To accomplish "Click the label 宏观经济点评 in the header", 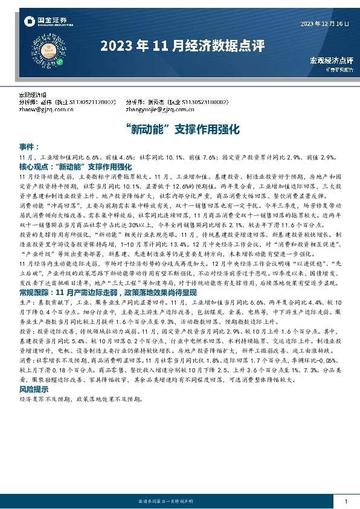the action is click(331, 60).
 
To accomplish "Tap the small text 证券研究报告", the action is click(339, 70).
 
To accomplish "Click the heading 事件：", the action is click(29, 147).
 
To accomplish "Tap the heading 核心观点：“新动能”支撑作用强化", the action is click(75, 165).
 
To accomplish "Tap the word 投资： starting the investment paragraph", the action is click(26, 332).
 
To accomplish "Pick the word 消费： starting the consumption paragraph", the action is click(26, 359).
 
